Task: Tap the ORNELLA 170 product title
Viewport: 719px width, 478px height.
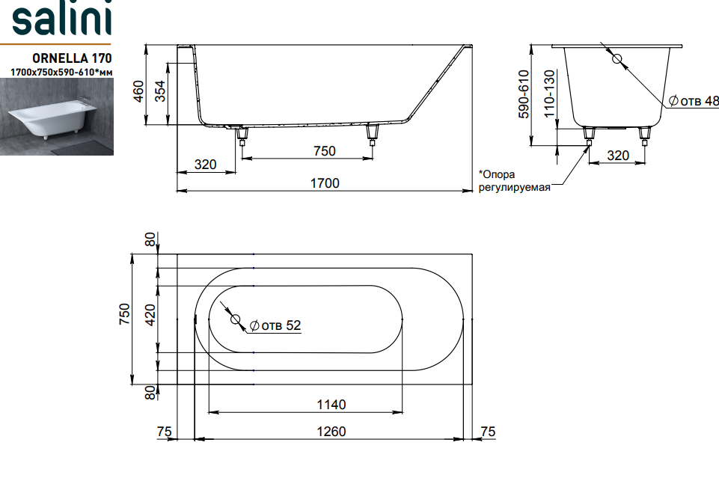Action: click(72, 58)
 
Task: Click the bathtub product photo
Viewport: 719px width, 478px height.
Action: click(57, 117)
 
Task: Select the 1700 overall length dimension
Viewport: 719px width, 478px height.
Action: click(325, 183)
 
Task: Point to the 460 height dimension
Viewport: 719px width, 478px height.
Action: click(138, 91)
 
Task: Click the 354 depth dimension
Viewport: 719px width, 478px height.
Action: click(159, 91)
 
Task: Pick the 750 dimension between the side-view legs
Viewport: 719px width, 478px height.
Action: click(325, 151)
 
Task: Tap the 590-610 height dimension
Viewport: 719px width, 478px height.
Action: click(524, 94)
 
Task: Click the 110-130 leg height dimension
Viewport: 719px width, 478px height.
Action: click(549, 94)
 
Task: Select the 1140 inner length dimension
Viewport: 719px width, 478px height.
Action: click(331, 405)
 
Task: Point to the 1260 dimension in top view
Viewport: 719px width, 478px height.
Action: click(331, 432)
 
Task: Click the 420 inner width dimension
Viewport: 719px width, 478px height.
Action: click(150, 315)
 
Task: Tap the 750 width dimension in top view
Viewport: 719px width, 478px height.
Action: click(124, 314)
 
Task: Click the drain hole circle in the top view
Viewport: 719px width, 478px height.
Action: click(235, 319)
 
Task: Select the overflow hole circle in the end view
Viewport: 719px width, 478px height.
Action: click(616, 58)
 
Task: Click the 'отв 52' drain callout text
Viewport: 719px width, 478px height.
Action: click(275, 325)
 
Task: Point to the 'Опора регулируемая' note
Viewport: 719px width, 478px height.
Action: click(514, 180)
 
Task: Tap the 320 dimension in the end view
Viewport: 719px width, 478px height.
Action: click(618, 156)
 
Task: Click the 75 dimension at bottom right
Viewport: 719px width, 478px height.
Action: click(488, 432)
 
